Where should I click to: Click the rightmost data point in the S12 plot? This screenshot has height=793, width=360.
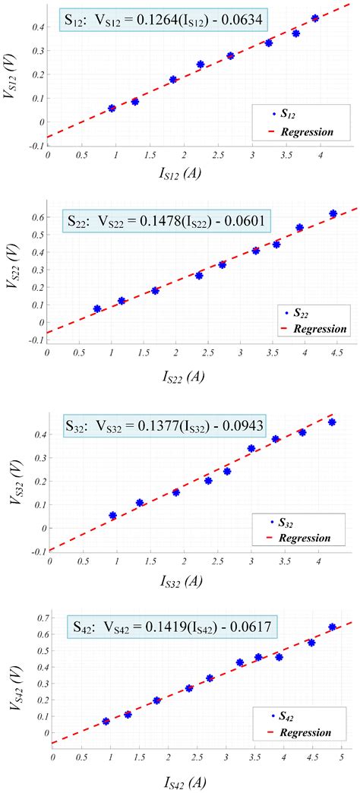(x=315, y=18)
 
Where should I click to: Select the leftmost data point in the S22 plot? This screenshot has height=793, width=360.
(x=97, y=309)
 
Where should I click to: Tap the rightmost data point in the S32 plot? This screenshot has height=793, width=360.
(x=332, y=422)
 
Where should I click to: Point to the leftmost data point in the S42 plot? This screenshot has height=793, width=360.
(x=106, y=721)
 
